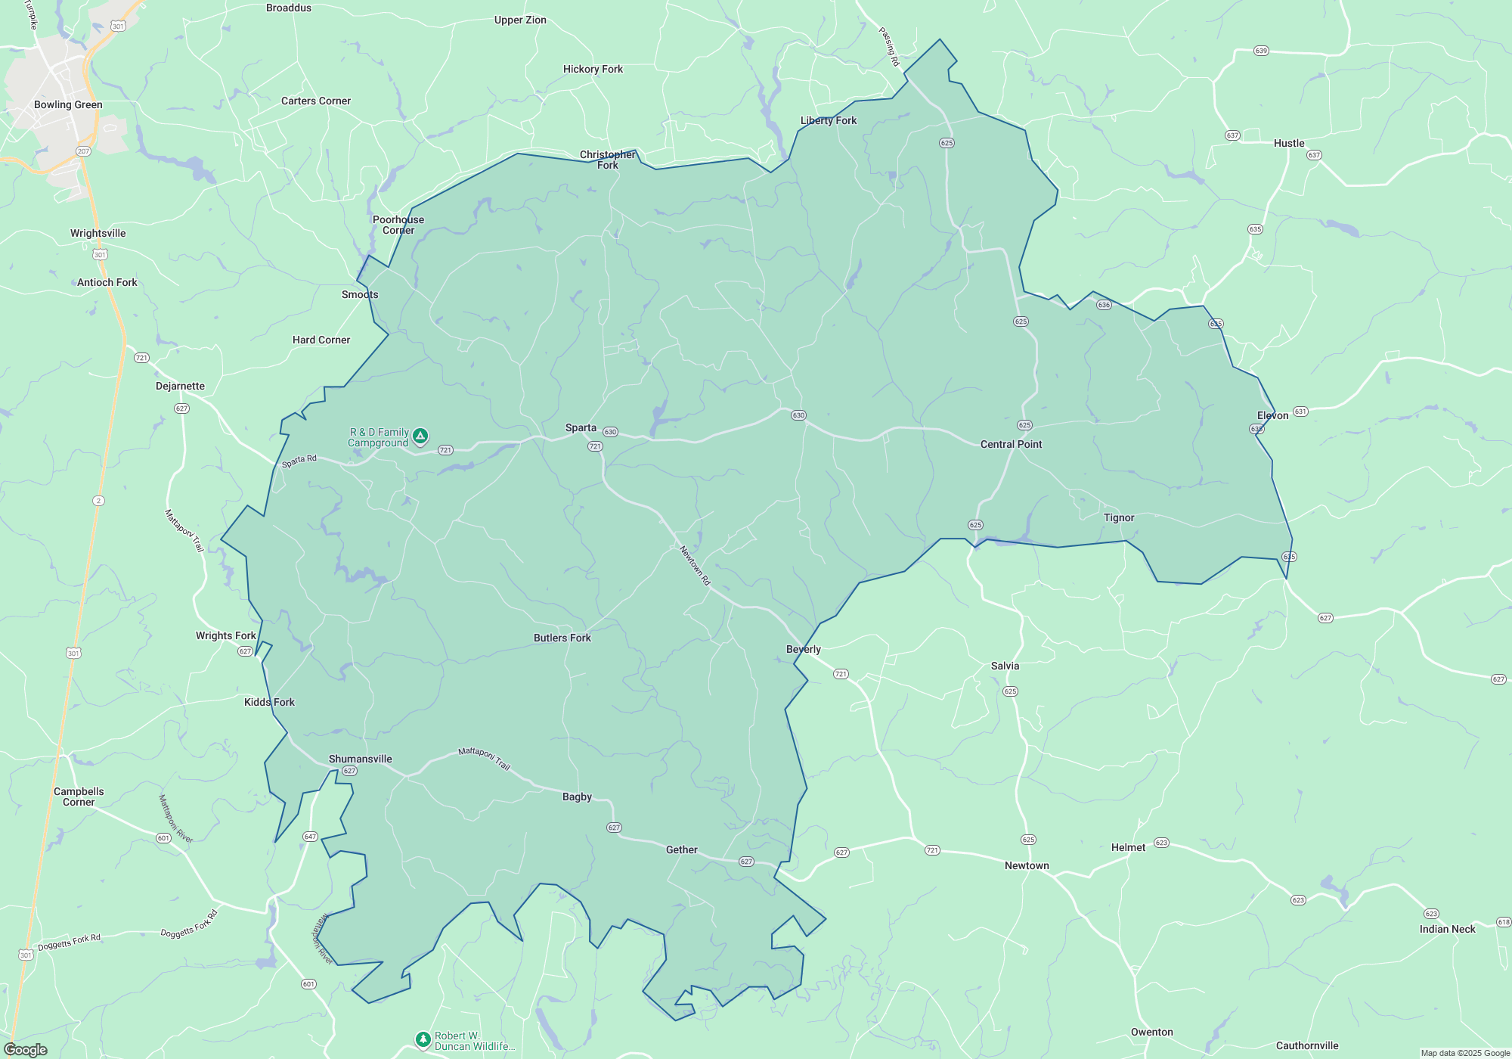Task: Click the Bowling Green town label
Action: (68, 104)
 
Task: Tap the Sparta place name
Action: (581, 427)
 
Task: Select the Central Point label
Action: (1011, 444)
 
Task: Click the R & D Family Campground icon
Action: (420, 436)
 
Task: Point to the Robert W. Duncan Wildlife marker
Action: (423, 1039)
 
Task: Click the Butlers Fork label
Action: (562, 638)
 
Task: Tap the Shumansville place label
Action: (360, 759)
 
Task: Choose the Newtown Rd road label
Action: (695, 565)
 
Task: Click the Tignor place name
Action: (1118, 517)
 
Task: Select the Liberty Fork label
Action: (828, 120)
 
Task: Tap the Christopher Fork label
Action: (607, 160)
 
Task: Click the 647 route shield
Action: (310, 837)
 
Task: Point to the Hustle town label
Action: (1288, 143)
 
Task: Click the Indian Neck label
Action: (1447, 929)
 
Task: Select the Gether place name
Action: (681, 849)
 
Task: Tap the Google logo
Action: (26, 1050)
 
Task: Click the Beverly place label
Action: (803, 649)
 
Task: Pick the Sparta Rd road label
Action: (299, 461)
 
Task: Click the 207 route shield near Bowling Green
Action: (83, 151)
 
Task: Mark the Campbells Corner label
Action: (79, 797)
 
